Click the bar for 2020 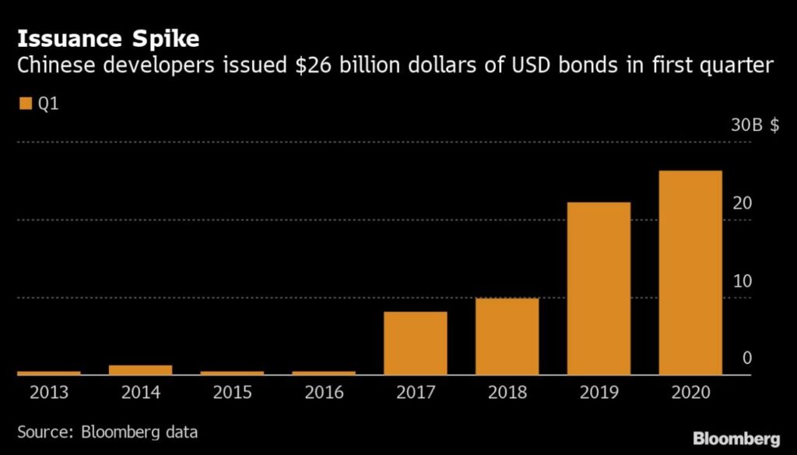(x=690, y=273)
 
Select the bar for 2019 (x=599, y=288)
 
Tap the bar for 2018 (x=507, y=337)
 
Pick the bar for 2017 (x=416, y=344)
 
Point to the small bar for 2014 (x=140, y=370)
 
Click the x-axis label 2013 (x=48, y=392)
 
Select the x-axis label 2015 (x=232, y=392)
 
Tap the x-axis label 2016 (x=324, y=392)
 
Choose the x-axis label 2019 (x=599, y=392)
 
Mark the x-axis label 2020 (x=690, y=392)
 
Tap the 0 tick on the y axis (x=747, y=358)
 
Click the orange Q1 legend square (x=24, y=103)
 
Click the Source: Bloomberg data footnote (x=107, y=431)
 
